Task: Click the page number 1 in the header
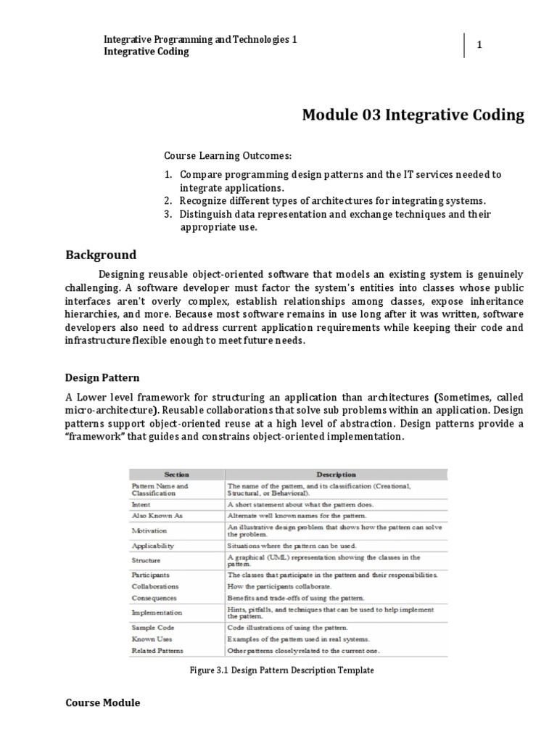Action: [479, 46]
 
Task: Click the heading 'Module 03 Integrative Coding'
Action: [413, 115]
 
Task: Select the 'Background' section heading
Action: [101, 255]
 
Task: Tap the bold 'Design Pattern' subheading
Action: [102, 378]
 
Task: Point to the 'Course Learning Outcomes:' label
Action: [217, 156]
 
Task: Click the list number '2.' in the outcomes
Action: [168, 200]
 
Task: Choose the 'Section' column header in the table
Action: [176, 475]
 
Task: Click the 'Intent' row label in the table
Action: [141, 504]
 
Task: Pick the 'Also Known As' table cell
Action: [153, 514]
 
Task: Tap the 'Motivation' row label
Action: [149, 530]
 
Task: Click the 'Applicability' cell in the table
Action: [152, 545]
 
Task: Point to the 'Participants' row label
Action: [150, 575]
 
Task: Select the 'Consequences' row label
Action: [154, 598]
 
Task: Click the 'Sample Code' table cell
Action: [152, 627]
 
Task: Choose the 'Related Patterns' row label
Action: [157, 651]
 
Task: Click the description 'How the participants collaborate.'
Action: [279, 586]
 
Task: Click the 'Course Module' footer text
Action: [102, 703]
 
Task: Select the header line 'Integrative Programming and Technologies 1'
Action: [201, 39]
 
